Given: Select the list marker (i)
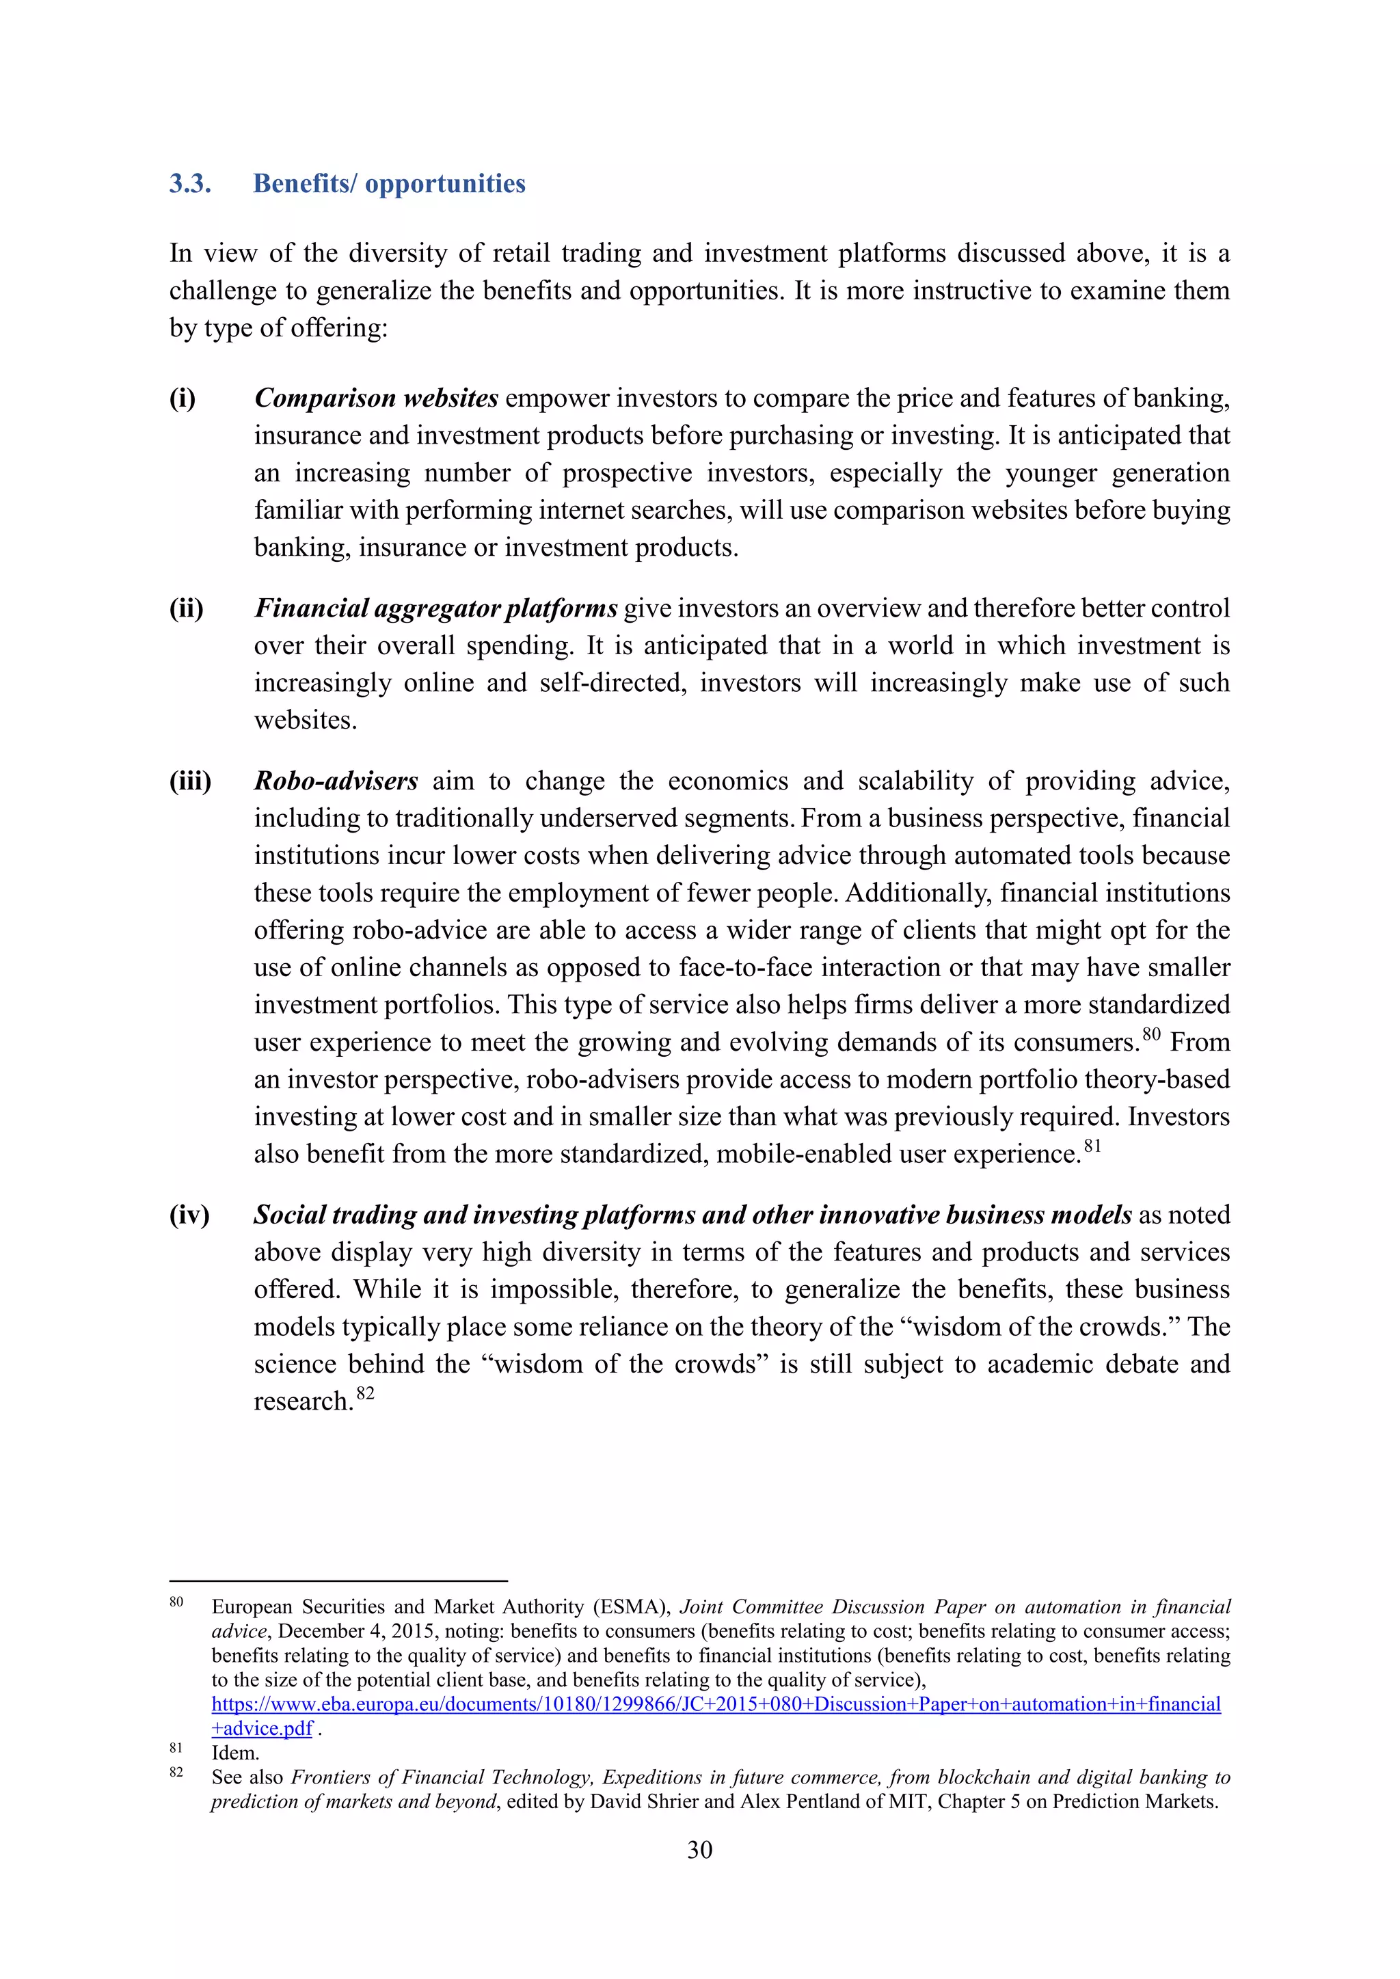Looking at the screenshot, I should [x=182, y=399].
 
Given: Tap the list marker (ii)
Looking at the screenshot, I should [x=186, y=608].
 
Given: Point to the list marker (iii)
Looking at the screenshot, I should [x=189, y=781].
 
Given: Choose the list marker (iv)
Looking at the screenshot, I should [x=189, y=1215].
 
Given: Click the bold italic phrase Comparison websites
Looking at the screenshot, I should [x=376, y=399].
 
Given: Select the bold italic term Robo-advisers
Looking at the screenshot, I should [x=336, y=781].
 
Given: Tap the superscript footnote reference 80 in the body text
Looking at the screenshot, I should [x=1151, y=1034].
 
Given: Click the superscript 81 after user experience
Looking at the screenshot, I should [x=1092, y=1146].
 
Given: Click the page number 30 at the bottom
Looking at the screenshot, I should [x=699, y=1850].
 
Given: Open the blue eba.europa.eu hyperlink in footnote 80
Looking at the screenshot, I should [x=716, y=1704].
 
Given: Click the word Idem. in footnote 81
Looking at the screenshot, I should [x=235, y=1752].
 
